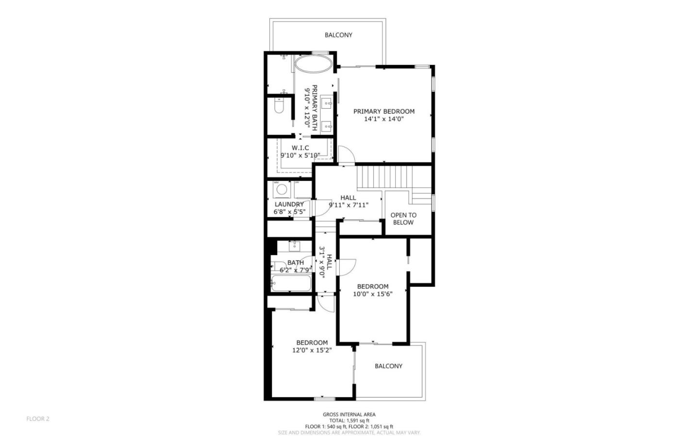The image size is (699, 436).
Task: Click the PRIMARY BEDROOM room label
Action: pyautogui.click(x=383, y=111)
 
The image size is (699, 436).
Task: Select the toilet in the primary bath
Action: pyautogui.click(x=279, y=106)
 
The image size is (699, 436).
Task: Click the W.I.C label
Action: pyautogui.click(x=300, y=148)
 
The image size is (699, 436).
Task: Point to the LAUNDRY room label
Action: pyautogui.click(x=289, y=204)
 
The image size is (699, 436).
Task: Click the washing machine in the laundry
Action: pyautogui.click(x=281, y=189)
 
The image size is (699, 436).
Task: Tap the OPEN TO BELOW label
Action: pyautogui.click(x=403, y=219)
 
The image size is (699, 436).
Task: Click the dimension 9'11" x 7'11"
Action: pyautogui.click(x=348, y=205)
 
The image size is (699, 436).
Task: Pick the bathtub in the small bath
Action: pyautogui.click(x=290, y=283)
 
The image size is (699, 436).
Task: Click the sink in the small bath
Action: pyautogui.click(x=294, y=246)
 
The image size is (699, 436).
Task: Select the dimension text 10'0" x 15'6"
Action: pyautogui.click(x=372, y=293)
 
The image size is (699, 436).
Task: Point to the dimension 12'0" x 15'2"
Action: pyautogui.click(x=312, y=350)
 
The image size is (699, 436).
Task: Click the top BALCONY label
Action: pyautogui.click(x=338, y=35)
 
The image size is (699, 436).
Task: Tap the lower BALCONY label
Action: pyautogui.click(x=388, y=366)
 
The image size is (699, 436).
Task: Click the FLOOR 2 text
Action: pyautogui.click(x=38, y=419)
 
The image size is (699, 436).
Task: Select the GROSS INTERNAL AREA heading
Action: pyautogui.click(x=349, y=415)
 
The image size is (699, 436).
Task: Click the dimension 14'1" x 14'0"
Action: pyautogui.click(x=383, y=119)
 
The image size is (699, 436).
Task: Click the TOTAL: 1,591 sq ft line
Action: pyautogui.click(x=349, y=420)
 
